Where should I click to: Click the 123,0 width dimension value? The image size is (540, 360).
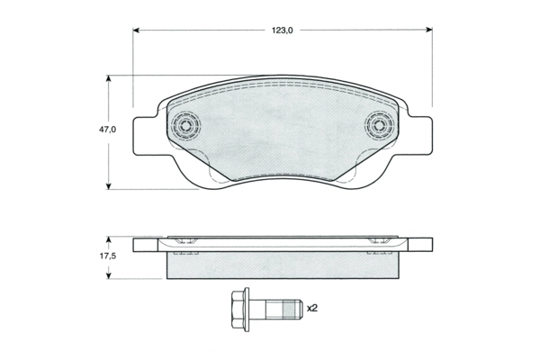(x=282, y=31)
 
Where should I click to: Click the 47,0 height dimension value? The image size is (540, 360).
(x=108, y=130)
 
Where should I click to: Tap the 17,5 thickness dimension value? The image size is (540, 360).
(x=108, y=256)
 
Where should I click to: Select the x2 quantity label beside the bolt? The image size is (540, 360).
(x=312, y=308)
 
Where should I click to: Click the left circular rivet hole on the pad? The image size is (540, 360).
(x=186, y=125)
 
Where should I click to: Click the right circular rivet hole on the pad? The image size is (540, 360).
(x=379, y=125)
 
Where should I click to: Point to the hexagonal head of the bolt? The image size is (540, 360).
(x=238, y=310)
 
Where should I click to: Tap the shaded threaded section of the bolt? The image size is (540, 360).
(x=290, y=310)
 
